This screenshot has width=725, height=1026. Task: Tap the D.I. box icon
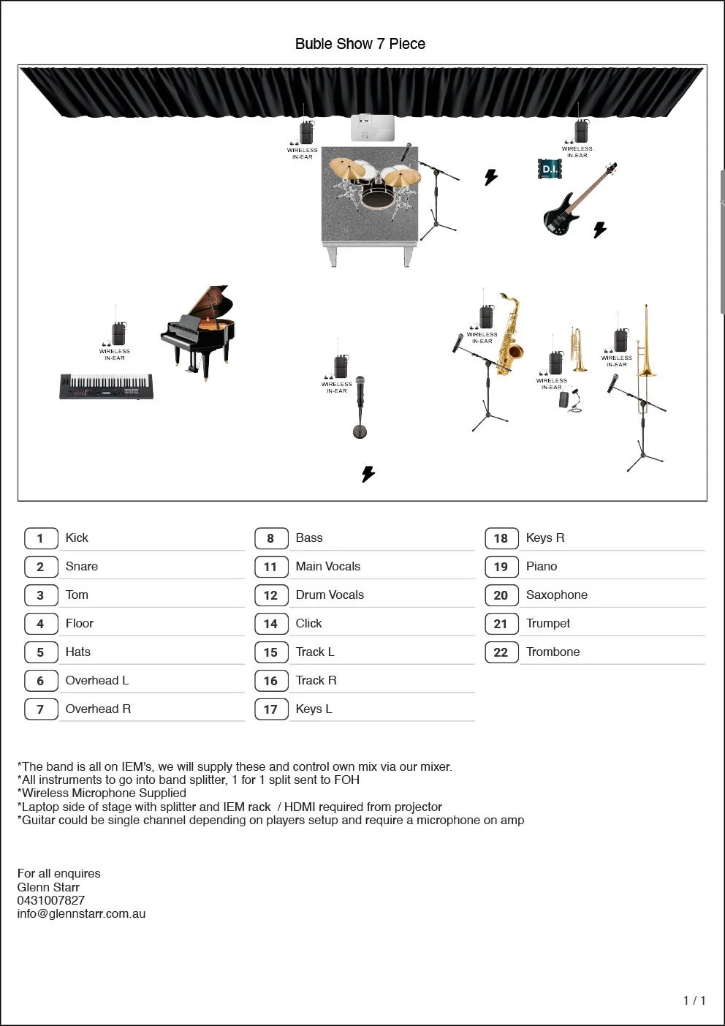(550, 169)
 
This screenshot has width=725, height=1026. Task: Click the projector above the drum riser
(373, 127)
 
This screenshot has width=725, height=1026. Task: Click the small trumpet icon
(579, 349)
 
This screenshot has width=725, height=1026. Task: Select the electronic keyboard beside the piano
(107, 385)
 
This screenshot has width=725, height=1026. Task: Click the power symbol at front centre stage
(368, 474)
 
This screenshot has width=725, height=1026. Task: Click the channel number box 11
(270, 567)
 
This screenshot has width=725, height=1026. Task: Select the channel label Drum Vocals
(330, 595)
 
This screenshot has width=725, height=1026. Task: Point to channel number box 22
(501, 652)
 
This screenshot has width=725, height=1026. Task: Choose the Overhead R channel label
(98, 709)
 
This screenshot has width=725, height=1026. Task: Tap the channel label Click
(308, 623)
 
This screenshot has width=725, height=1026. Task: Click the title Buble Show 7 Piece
(360, 44)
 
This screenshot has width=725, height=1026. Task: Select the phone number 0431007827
(51, 900)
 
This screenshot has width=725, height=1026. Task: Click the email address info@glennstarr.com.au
(81, 913)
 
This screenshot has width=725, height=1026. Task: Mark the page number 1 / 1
(694, 1000)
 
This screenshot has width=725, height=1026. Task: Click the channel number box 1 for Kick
(40, 538)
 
